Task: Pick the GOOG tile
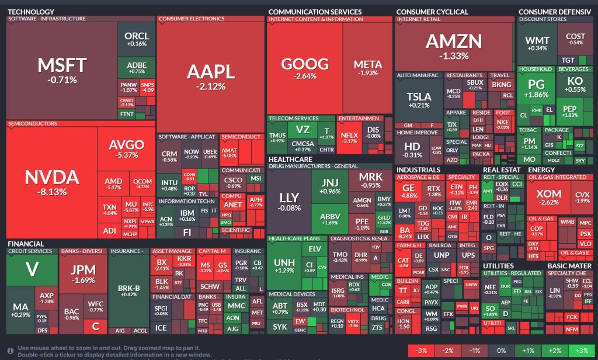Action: (304, 68)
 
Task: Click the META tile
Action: (367, 68)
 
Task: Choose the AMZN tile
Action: (454, 46)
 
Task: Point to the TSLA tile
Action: (418, 101)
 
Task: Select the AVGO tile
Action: (126, 149)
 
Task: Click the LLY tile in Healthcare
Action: (288, 202)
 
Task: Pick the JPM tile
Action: (82, 275)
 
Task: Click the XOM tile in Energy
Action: (548, 198)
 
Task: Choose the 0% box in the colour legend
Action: (500, 351)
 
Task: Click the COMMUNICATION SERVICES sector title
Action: (315, 12)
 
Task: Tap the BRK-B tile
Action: (129, 292)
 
